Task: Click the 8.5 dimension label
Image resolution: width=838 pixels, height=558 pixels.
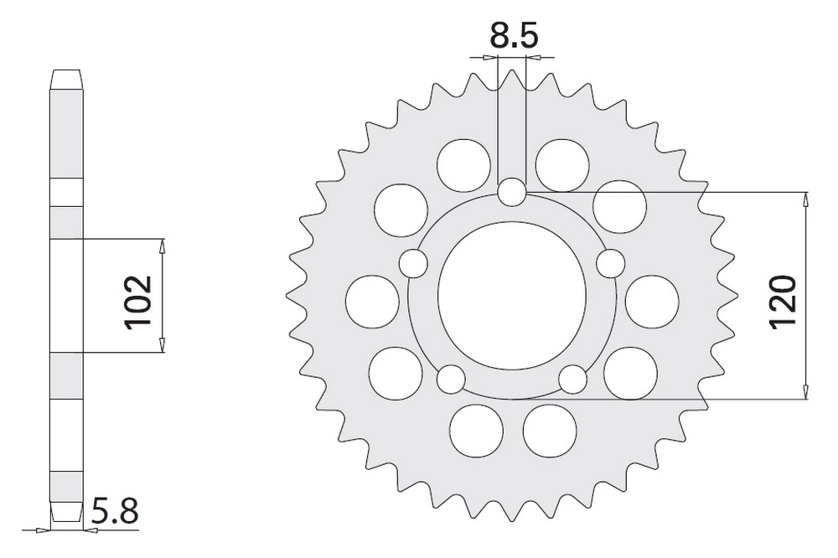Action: pyautogui.click(x=513, y=36)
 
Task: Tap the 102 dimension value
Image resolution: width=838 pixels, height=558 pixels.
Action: pyautogui.click(x=138, y=302)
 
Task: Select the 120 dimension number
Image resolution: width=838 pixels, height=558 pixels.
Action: pyautogui.click(x=783, y=301)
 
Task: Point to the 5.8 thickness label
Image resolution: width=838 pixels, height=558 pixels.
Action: pyautogui.click(x=114, y=510)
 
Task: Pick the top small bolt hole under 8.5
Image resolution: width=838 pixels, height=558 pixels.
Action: pyautogui.click(x=512, y=192)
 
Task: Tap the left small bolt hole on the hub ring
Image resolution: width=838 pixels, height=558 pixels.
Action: pyautogui.click(x=414, y=263)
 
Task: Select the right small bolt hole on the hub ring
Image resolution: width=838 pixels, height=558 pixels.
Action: pyautogui.click(x=610, y=263)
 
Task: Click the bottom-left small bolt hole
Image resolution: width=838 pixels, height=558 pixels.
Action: pyautogui.click(x=451, y=379)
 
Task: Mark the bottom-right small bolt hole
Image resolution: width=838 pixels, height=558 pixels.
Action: pyautogui.click(x=573, y=379)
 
